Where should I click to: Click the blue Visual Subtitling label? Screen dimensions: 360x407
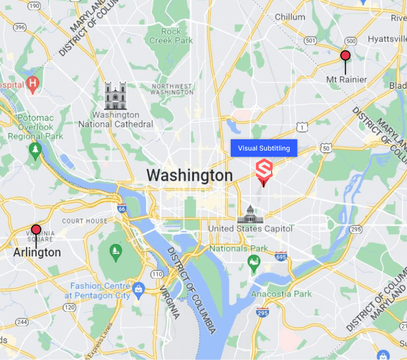point(264,148)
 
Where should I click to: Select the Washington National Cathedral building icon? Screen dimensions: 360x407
point(116,96)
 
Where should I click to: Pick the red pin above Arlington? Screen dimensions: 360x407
point(36,230)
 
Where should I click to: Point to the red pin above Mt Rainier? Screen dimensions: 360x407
point(346,56)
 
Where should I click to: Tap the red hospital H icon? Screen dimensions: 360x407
point(33,85)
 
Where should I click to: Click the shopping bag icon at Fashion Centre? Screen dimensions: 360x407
point(138,289)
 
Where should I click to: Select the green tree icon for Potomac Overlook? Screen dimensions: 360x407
point(35,151)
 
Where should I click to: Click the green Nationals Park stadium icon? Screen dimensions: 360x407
point(254,262)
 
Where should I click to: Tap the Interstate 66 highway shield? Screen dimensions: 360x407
point(122,209)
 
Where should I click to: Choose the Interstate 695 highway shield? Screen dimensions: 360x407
point(281,257)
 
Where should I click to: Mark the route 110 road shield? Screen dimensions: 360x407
point(157,274)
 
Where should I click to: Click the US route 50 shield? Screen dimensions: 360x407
point(326,148)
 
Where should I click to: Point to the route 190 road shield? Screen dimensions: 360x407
point(34,6)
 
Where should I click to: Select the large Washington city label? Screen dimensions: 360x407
point(190,175)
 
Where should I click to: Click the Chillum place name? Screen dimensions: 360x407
point(290,17)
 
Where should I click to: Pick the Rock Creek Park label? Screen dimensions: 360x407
point(171,36)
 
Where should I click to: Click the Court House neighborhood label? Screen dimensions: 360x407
point(85,221)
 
